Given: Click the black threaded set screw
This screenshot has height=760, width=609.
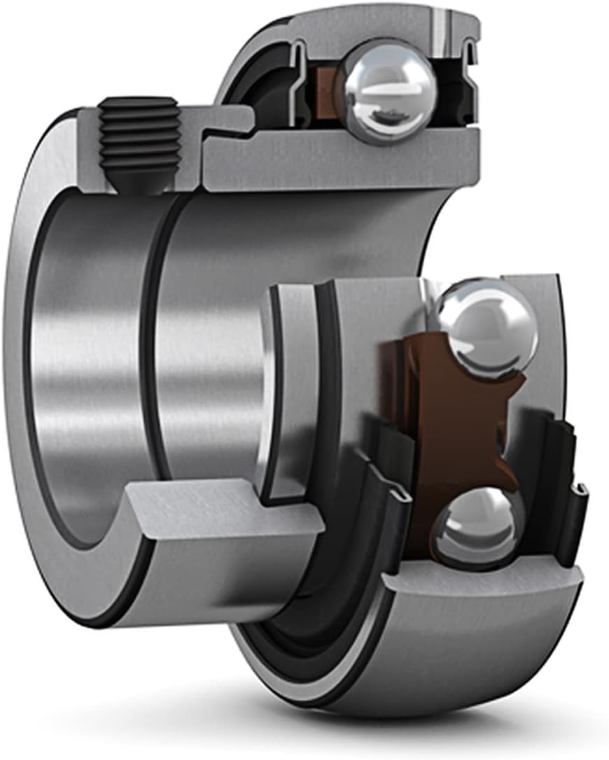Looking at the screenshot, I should [x=137, y=136].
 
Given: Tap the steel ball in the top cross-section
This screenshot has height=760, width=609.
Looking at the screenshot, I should [x=386, y=91].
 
